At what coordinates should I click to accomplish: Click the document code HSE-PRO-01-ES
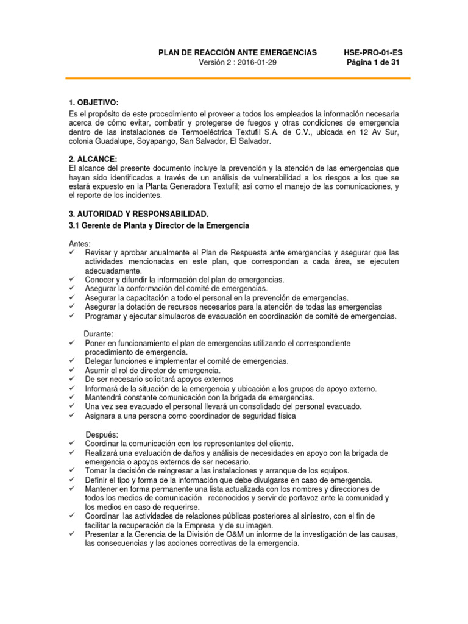coord(373,53)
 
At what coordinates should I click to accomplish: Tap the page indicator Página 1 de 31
coord(373,63)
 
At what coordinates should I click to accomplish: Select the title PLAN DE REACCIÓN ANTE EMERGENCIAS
coord(238,53)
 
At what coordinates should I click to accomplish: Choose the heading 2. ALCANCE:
coord(91,159)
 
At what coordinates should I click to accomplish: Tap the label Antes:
coord(79,243)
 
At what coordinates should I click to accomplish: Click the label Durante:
coord(99,335)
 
